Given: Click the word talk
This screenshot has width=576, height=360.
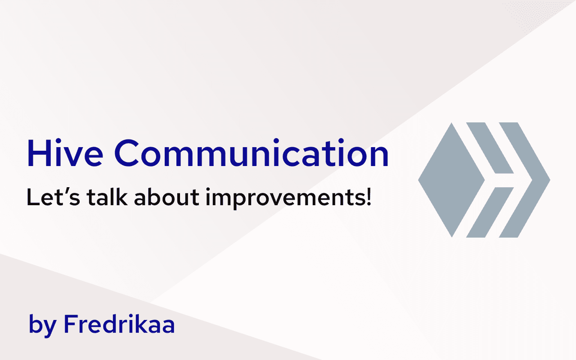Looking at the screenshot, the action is click(107, 197).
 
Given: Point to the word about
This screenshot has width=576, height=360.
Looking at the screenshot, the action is click(166, 197).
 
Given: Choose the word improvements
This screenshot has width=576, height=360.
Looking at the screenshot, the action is click(285, 198).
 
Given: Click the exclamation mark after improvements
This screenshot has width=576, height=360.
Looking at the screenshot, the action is click(369, 197).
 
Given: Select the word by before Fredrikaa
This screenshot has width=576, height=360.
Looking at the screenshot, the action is click(43, 325).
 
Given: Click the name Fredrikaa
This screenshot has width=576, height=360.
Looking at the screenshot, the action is click(119, 324).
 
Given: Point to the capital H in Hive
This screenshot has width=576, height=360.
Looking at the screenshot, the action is click(39, 153).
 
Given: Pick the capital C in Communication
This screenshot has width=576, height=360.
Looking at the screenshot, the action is click(127, 153).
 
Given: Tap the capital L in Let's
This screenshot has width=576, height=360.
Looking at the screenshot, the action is click(33, 197).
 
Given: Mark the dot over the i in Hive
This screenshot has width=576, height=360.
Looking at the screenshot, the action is click(58, 141).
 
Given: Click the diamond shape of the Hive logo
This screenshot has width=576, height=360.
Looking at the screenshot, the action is click(451, 180).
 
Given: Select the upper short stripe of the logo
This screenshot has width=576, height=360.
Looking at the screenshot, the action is click(490, 148).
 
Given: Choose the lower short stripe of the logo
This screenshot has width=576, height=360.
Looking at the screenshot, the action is click(490, 212).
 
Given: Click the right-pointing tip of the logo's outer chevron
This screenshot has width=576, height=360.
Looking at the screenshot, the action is click(550, 180).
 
